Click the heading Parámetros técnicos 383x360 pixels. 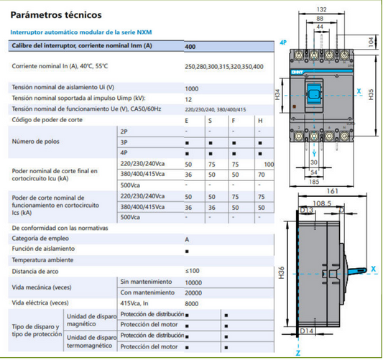click(56, 15)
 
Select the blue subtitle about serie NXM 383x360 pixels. click(81, 32)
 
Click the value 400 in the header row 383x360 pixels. click(190, 47)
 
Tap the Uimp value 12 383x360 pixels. click(188, 100)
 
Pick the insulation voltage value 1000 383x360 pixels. click(191, 88)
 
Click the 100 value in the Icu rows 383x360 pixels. click(269, 165)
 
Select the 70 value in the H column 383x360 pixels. click(262, 175)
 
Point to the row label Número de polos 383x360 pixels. click(36, 142)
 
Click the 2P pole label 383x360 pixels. click(124, 131)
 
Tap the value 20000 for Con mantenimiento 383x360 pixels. click(193, 293)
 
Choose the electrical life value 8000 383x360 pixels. click(191, 304)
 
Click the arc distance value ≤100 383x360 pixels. click(192, 271)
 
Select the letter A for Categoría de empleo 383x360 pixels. click(187, 239)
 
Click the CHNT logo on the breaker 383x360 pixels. click(297, 72)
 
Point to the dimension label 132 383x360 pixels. click(321, 9)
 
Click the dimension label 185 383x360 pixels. click(314, 182)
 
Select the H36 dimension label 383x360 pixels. click(282, 272)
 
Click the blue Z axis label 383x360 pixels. click(298, 353)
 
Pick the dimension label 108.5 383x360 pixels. click(322, 203)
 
